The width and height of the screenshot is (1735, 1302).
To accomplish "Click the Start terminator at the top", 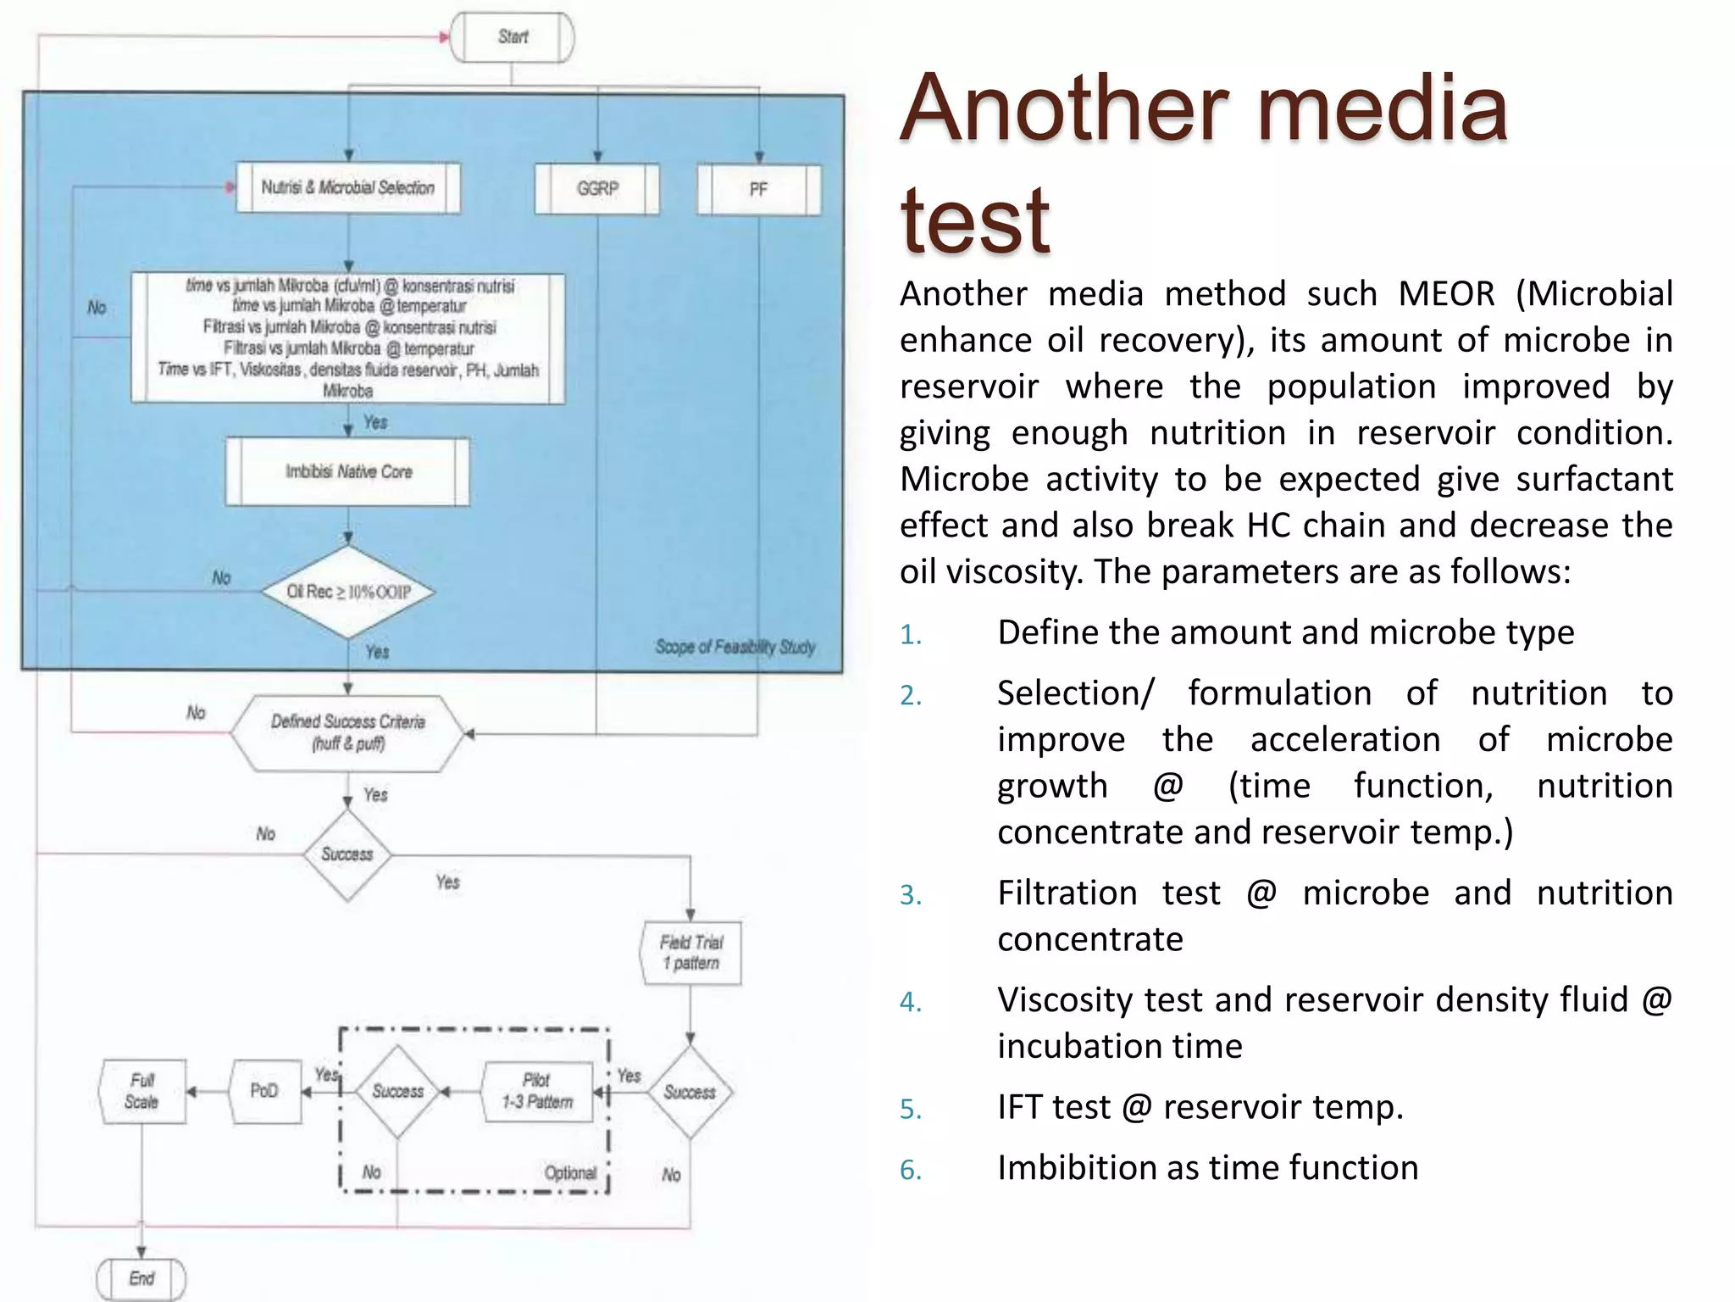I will [x=512, y=37].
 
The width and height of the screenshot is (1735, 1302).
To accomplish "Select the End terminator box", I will [x=141, y=1278].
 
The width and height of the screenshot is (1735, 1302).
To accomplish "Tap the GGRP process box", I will [x=597, y=188].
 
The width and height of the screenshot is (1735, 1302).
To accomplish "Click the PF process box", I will [x=758, y=189].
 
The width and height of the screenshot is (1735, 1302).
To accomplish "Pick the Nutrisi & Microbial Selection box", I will [x=348, y=187].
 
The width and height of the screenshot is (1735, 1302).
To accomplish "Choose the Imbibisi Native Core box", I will [x=348, y=471].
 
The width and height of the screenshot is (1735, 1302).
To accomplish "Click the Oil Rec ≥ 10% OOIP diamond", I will [x=348, y=592].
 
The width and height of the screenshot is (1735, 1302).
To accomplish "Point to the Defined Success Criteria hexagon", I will [x=348, y=732].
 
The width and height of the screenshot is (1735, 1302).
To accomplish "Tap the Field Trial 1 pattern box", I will [x=691, y=953].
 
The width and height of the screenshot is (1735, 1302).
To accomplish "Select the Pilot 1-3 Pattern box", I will [x=537, y=1092].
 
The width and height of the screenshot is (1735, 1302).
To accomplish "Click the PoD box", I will [x=264, y=1091].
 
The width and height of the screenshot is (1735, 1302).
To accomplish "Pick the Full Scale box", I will [x=141, y=1091].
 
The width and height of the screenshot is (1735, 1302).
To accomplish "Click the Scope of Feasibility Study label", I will [x=734, y=648].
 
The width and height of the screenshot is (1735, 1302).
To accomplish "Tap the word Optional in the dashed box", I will [x=570, y=1173].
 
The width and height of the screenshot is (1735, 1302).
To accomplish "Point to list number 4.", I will [x=910, y=1003].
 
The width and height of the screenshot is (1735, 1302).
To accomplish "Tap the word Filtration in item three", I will [x=1067, y=893].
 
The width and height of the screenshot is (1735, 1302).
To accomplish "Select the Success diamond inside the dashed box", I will [x=397, y=1091].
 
